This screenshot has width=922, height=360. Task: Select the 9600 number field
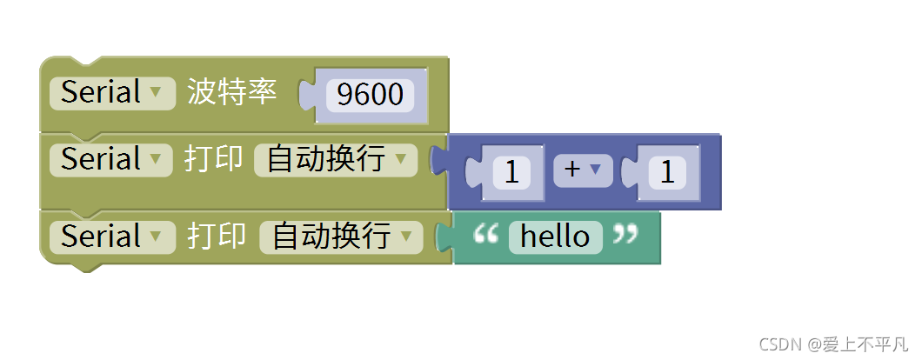[x=370, y=94]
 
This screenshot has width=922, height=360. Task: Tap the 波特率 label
[x=232, y=92]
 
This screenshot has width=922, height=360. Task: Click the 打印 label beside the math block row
[x=213, y=160]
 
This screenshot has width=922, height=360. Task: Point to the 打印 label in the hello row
[x=217, y=237]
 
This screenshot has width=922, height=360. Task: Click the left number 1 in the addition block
[x=511, y=172]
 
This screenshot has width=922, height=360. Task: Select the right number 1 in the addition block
[x=667, y=172]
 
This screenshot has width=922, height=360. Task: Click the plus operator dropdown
[x=582, y=170]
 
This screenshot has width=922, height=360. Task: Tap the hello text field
[x=555, y=237]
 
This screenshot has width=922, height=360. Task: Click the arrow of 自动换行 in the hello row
[x=407, y=237]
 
